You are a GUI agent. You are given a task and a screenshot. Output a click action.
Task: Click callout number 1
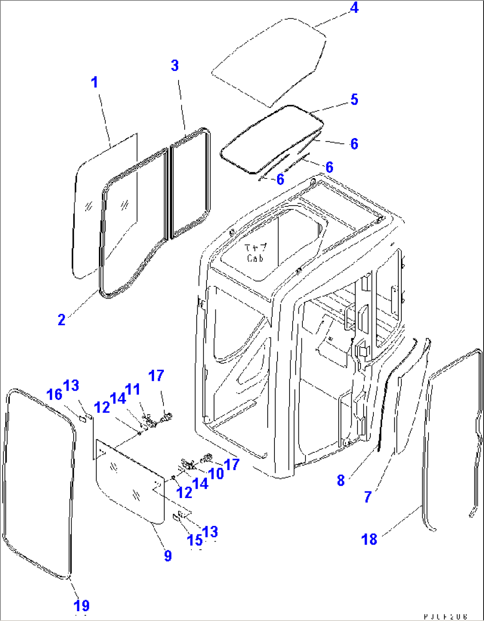coord(94,82)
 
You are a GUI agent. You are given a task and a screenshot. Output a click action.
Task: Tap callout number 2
coord(62,319)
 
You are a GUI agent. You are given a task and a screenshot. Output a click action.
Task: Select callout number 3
coord(175,66)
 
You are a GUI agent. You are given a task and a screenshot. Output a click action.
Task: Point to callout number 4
coord(354,8)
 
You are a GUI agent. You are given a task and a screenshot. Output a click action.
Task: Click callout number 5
coord(354,99)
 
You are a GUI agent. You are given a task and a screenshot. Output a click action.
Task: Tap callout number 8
coord(341,480)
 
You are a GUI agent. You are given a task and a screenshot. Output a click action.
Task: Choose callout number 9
coord(167,555)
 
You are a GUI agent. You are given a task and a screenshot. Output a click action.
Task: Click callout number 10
coord(216,473)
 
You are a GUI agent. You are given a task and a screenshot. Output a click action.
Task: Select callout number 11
coord(132,389)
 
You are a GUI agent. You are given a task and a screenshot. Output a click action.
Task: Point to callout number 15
coord(194,540)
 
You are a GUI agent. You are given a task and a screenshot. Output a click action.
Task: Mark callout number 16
coord(55,394)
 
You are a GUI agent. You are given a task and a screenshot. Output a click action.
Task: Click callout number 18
coord(369,539)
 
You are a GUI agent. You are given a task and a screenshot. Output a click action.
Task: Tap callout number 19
coord(82,605)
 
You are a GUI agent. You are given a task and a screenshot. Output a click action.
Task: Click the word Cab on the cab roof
coord(255,258)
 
